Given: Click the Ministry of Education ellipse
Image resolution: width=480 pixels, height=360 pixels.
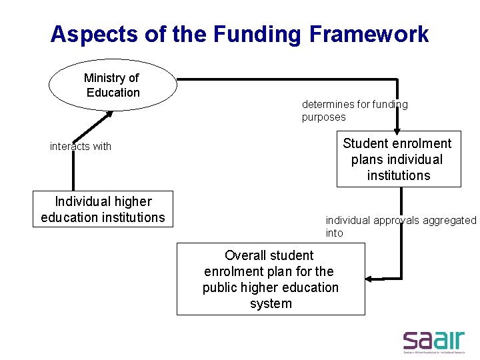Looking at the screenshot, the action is tap(113, 85).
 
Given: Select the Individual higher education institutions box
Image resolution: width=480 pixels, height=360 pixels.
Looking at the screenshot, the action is tap(103, 209).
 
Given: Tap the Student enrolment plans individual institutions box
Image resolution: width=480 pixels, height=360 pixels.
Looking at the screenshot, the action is tap(398, 159).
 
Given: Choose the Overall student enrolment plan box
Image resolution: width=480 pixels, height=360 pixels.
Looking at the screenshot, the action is tap(271, 279).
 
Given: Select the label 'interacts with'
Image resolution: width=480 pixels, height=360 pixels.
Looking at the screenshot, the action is tap(81, 147).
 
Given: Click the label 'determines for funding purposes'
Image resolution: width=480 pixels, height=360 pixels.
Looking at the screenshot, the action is tap(354, 111).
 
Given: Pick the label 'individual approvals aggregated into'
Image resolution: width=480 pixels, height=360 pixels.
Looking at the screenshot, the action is tap(401, 226).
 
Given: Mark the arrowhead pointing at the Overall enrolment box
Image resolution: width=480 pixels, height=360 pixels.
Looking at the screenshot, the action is tap(371, 278).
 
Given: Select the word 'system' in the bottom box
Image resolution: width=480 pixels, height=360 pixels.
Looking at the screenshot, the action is tap(271, 303).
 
